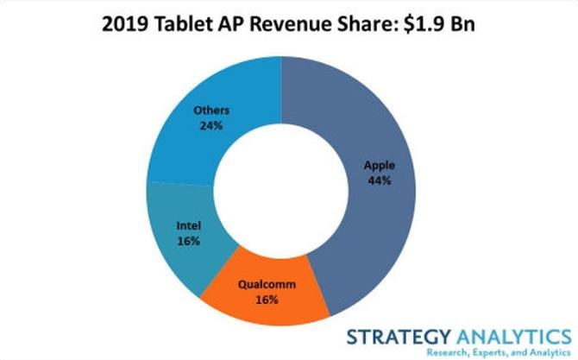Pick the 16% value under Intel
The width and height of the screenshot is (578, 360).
click(189, 242)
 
